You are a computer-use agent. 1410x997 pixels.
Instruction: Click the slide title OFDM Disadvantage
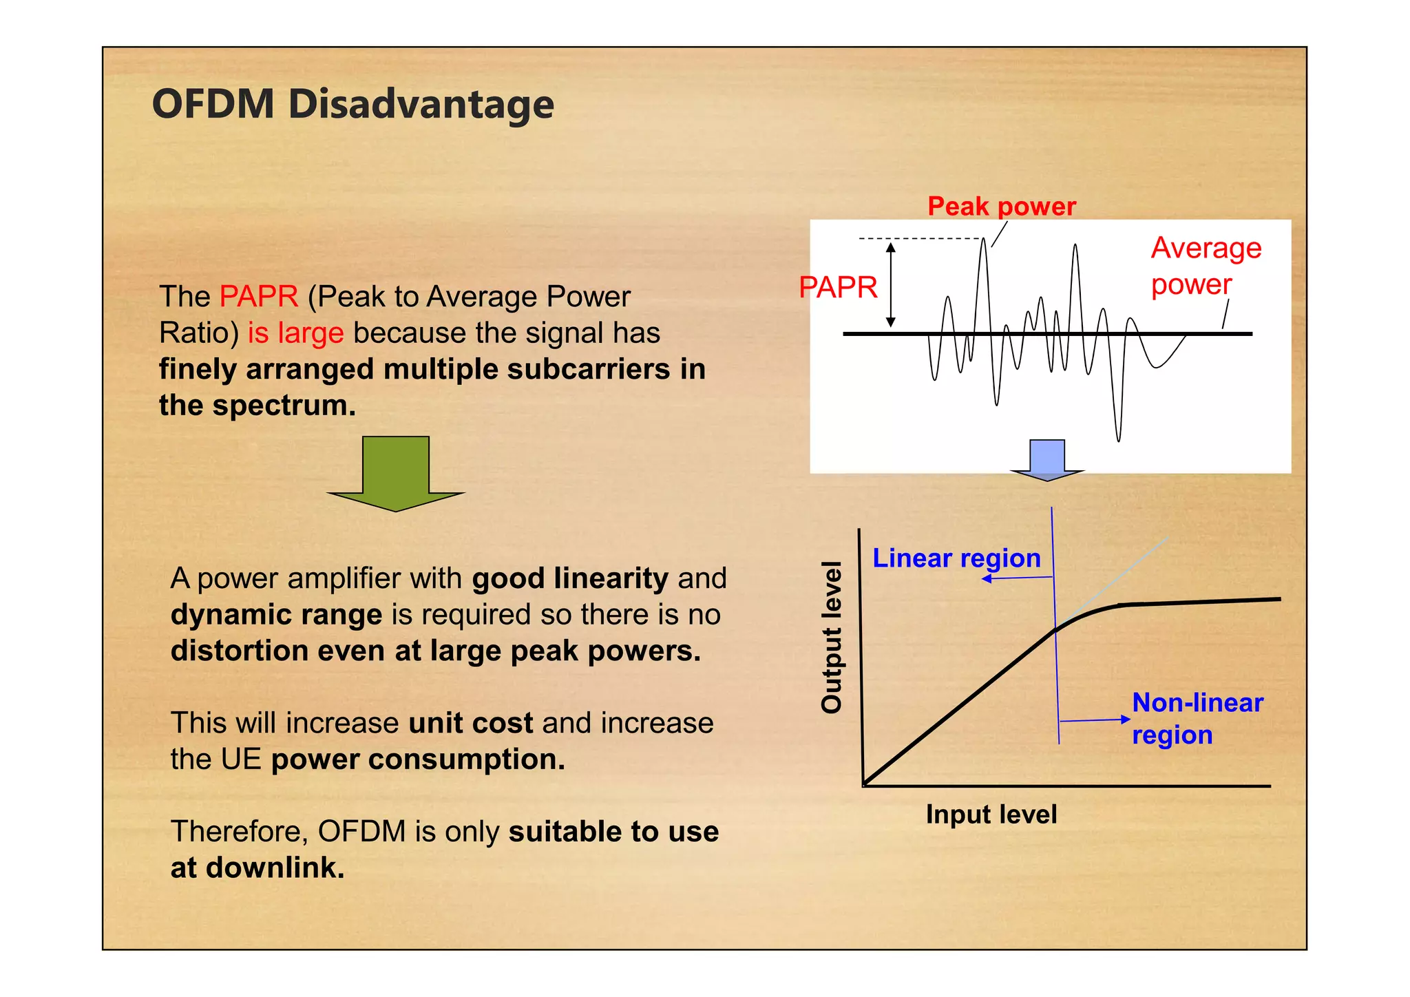point(352,105)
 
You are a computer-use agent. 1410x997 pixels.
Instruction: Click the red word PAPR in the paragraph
point(259,297)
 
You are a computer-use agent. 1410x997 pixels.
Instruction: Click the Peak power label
point(1001,206)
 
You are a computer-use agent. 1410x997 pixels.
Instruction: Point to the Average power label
point(1205,266)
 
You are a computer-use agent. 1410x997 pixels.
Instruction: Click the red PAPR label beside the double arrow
point(838,287)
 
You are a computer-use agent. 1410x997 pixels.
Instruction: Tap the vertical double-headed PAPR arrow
point(890,284)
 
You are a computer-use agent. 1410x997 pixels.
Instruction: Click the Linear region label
point(956,558)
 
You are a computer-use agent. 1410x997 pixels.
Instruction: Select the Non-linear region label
point(1197,718)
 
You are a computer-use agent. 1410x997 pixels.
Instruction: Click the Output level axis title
point(832,637)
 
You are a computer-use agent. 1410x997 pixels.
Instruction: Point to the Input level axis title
point(991,815)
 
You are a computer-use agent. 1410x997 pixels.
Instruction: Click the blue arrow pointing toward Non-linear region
point(1095,720)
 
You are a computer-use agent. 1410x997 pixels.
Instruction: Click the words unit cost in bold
point(470,723)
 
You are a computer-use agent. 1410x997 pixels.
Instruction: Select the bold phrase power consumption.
point(418,759)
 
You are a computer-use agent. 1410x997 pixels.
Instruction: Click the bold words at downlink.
point(257,868)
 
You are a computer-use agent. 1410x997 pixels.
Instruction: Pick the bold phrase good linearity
point(569,578)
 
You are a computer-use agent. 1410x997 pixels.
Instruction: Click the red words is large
point(295,333)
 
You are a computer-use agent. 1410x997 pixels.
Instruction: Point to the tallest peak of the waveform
point(984,241)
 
